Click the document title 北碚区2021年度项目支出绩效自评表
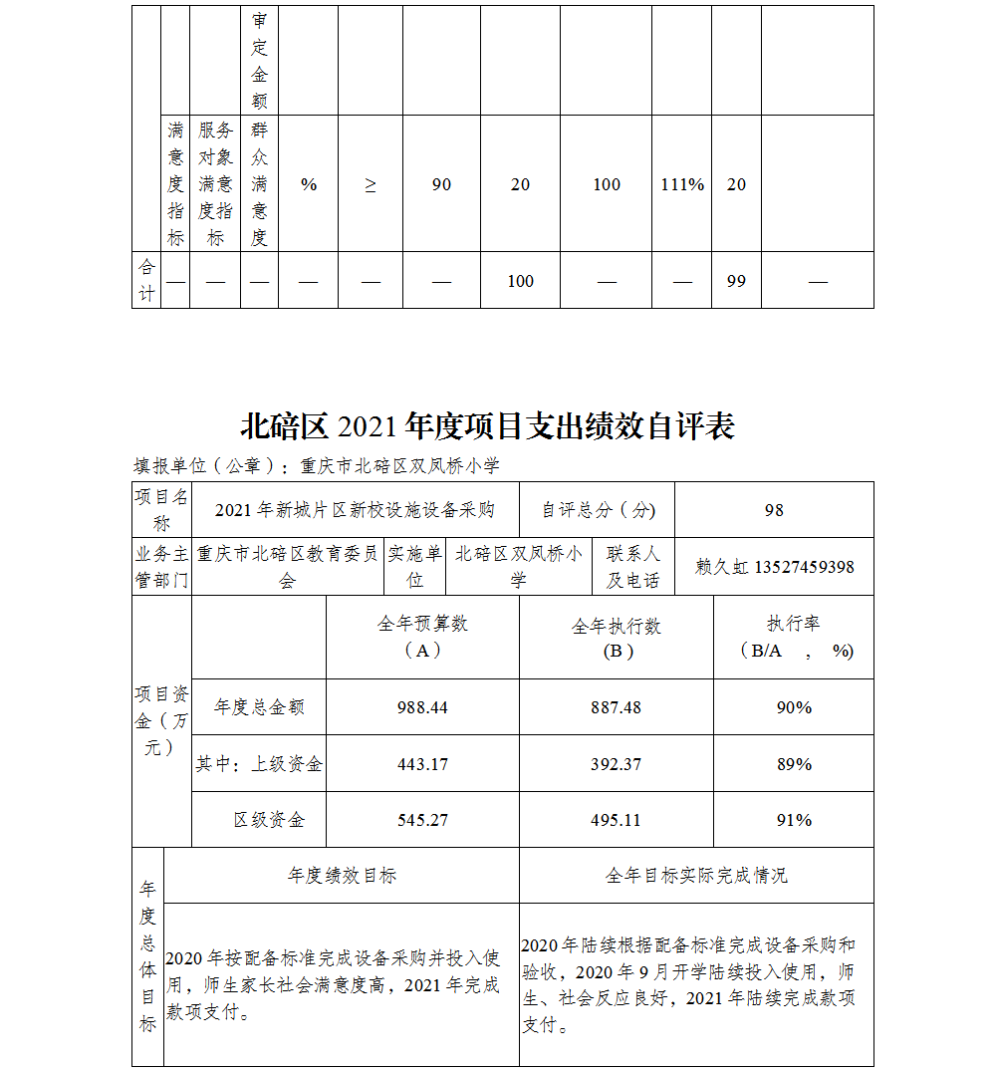pos(487,426)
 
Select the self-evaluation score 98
pos(774,510)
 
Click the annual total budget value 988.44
pos(422,707)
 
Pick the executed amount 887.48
pos(616,707)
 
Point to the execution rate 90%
pos(794,707)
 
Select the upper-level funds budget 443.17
pos(422,764)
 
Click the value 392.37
pos(616,764)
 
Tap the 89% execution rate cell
pos(794,764)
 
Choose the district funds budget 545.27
pos(422,820)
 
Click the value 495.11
pos(616,820)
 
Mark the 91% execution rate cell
pos(794,820)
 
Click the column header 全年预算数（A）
pos(422,637)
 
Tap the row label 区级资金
pos(269,820)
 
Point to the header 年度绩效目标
pos(342,876)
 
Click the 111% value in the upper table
pos(682,184)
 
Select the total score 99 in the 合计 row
pos(736,281)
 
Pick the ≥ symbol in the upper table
pos(371,184)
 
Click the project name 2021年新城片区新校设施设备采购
pos(355,510)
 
